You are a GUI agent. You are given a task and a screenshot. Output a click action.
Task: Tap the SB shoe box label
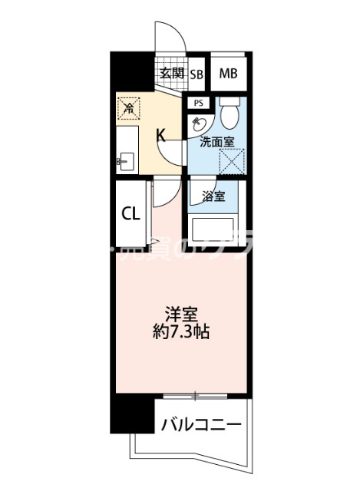(197, 74)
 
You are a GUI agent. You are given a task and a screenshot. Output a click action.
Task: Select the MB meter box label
(228, 74)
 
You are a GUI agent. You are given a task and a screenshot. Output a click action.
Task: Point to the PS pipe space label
(198, 103)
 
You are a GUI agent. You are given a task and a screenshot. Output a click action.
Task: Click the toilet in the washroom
(228, 114)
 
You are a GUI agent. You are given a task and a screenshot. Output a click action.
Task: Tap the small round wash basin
(197, 124)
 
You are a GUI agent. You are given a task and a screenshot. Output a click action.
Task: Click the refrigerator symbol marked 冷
(130, 109)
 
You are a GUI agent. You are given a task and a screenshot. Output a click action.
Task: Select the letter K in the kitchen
(161, 137)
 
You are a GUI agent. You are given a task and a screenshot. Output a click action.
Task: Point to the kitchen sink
(127, 161)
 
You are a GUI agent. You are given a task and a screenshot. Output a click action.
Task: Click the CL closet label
(130, 213)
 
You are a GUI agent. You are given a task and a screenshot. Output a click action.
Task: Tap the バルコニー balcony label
(200, 424)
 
